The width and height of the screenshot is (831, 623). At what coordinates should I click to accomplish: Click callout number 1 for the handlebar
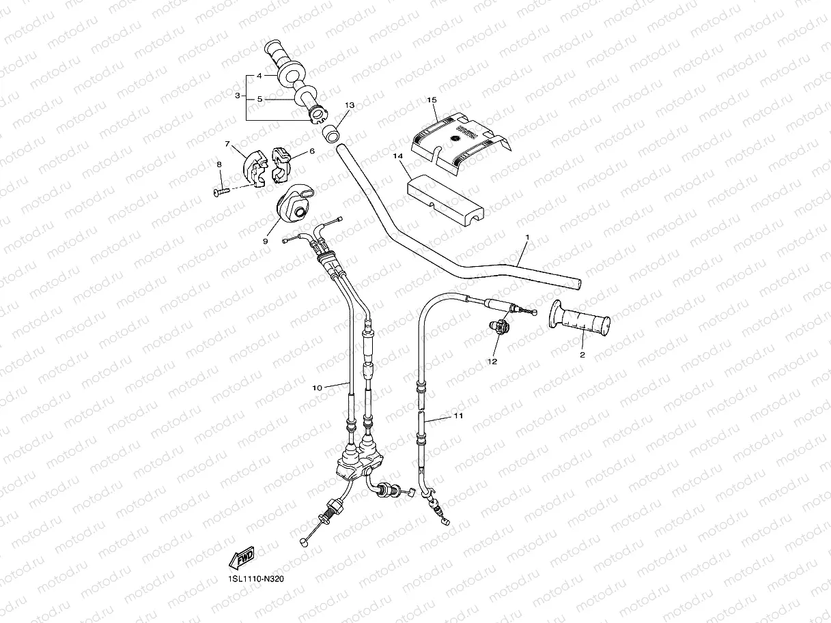527,237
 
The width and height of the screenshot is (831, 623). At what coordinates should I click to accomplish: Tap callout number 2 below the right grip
582,355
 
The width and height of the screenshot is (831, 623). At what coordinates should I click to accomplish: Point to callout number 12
492,361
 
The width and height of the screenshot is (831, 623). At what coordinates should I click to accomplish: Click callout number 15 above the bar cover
431,100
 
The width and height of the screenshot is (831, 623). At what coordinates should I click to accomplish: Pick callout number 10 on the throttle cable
317,388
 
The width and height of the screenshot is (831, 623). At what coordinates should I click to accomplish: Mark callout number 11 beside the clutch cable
458,415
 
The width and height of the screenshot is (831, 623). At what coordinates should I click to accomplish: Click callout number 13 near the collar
350,106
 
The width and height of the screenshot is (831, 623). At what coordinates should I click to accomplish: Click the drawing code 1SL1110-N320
256,579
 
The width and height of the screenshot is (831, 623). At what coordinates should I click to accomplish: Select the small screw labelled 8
219,192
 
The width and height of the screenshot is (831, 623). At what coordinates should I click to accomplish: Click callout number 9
266,241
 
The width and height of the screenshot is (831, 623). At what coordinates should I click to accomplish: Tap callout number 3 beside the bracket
237,96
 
